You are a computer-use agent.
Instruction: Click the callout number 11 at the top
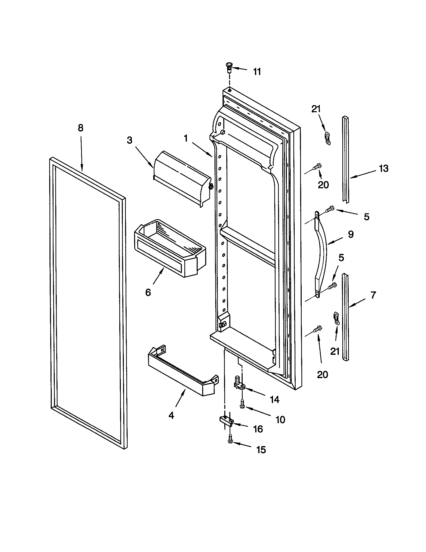(257, 72)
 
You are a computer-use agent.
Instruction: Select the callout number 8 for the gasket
(80, 128)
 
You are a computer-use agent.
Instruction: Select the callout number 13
(384, 168)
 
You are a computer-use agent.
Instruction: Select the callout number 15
(261, 450)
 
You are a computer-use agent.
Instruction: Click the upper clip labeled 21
(328, 138)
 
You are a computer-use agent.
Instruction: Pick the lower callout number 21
(335, 351)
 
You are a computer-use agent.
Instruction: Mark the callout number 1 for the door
(186, 138)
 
